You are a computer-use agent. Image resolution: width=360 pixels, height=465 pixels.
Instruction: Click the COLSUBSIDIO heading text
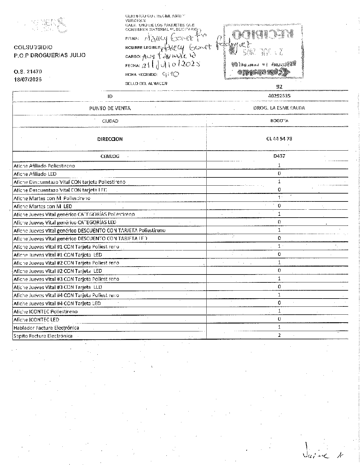point(33,47)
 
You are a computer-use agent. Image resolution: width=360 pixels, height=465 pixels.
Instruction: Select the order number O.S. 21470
point(28,72)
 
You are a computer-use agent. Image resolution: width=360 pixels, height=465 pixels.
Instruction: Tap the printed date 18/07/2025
point(28,79)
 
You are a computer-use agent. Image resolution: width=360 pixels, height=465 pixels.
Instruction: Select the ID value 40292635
point(279,96)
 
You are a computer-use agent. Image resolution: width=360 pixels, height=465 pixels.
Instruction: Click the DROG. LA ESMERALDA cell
point(279,108)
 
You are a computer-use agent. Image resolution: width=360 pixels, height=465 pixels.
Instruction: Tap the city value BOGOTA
point(279,121)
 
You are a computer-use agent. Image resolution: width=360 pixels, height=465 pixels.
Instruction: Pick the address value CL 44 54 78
point(279,139)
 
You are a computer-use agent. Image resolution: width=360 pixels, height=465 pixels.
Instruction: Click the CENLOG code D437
point(279,156)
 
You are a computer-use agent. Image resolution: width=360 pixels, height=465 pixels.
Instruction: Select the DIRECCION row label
point(110,139)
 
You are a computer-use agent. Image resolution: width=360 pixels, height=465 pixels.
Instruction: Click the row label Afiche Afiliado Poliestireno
point(44,166)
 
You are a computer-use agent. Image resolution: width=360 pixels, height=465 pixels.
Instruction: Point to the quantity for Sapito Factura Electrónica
point(279,335)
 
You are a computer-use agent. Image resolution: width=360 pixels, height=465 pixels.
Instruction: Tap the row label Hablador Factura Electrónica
point(46,328)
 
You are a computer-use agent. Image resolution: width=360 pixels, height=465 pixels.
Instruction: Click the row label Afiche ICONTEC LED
point(37,320)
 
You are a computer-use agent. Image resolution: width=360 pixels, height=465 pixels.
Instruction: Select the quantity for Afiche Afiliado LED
point(279,173)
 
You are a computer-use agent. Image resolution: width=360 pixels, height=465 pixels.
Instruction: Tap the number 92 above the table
point(279,87)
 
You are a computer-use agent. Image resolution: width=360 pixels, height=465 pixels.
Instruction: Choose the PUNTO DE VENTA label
point(110,108)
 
